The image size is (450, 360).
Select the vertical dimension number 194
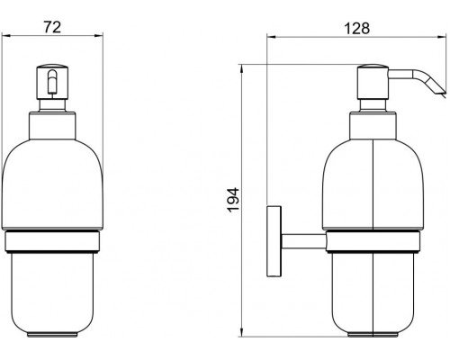point(232,200)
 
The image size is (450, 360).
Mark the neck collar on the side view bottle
point(371,123)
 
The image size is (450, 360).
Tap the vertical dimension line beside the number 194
point(244,135)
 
